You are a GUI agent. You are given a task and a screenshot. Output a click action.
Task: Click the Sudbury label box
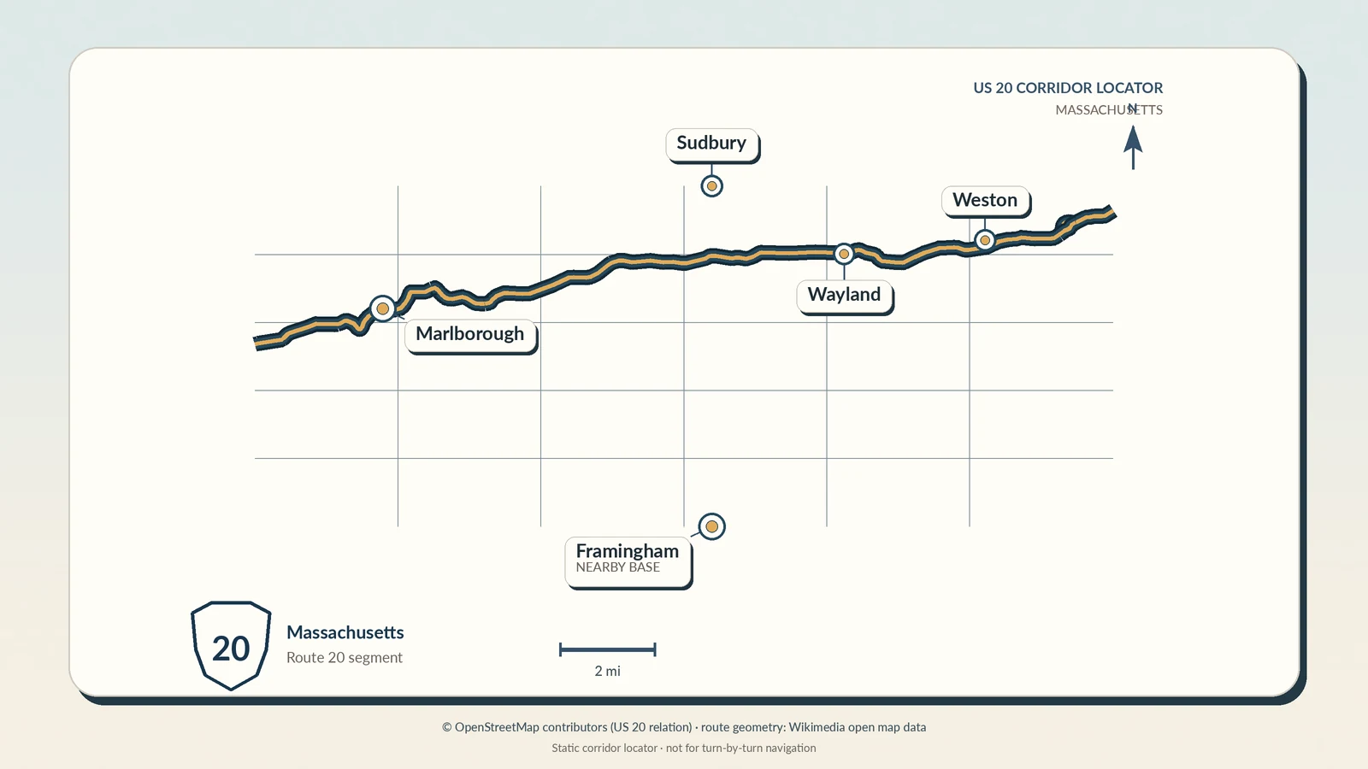tap(711, 144)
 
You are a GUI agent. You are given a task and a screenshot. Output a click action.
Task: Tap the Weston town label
tap(985, 201)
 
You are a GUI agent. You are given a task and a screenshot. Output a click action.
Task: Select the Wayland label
tap(844, 296)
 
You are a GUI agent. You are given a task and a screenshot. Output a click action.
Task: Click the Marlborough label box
tap(470, 335)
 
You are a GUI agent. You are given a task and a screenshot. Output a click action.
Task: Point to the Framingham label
tap(628, 561)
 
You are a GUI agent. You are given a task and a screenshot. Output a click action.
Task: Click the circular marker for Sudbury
tap(711, 186)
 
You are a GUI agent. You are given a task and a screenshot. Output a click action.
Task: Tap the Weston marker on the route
tap(984, 240)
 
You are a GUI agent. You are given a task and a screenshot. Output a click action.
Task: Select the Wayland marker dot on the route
tap(844, 254)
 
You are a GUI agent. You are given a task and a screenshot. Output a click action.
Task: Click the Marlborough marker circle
tap(383, 308)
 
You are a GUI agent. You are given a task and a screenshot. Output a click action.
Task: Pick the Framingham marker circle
tap(711, 526)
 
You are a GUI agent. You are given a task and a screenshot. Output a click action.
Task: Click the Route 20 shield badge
tap(231, 646)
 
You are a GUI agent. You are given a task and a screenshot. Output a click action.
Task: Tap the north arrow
tap(1133, 148)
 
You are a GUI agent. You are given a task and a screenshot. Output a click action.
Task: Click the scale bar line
tap(608, 650)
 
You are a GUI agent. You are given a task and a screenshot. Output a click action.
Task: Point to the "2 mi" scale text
tap(608, 672)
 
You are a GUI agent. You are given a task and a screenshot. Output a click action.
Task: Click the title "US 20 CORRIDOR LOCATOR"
tap(1068, 88)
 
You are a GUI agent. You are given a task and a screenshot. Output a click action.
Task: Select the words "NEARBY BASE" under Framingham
tap(617, 567)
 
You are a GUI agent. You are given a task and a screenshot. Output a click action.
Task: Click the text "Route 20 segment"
tap(345, 658)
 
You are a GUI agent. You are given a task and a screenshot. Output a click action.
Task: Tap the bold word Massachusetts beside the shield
tap(345, 632)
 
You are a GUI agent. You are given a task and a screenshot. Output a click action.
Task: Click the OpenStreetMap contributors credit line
tap(684, 727)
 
